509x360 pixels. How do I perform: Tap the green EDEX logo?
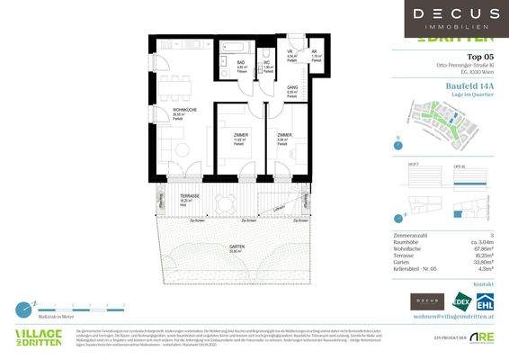462,301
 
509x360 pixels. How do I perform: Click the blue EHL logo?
487,301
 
